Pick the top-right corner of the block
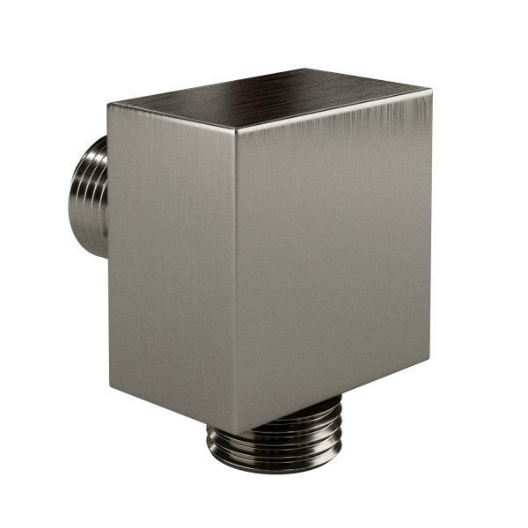pyautogui.click(x=432, y=87)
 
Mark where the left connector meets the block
pyautogui.click(x=106, y=198)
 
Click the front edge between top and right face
pyautogui.click(x=334, y=109)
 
